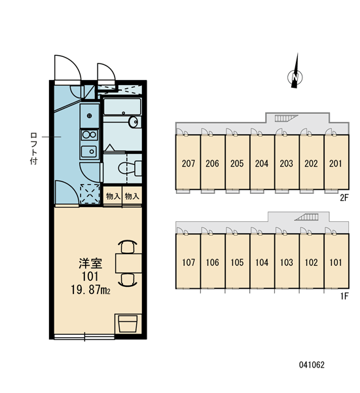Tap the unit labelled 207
click(x=188, y=162)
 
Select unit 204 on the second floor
click(x=262, y=162)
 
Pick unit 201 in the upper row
click(x=336, y=162)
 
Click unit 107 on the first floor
click(x=188, y=261)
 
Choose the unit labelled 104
click(x=262, y=261)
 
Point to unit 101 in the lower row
click(x=336, y=261)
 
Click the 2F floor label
click(x=344, y=198)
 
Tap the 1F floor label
click(x=344, y=296)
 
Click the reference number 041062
click(x=312, y=365)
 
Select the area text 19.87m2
click(x=90, y=290)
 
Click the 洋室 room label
click(x=90, y=263)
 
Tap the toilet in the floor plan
click(x=129, y=168)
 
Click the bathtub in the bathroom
click(x=122, y=107)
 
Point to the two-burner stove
click(x=90, y=135)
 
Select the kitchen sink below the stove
click(x=89, y=151)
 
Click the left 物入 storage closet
click(x=113, y=196)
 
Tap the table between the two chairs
click(x=128, y=263)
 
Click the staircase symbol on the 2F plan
click(x=286, y=118)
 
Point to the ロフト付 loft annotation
click(x=33, y=149)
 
